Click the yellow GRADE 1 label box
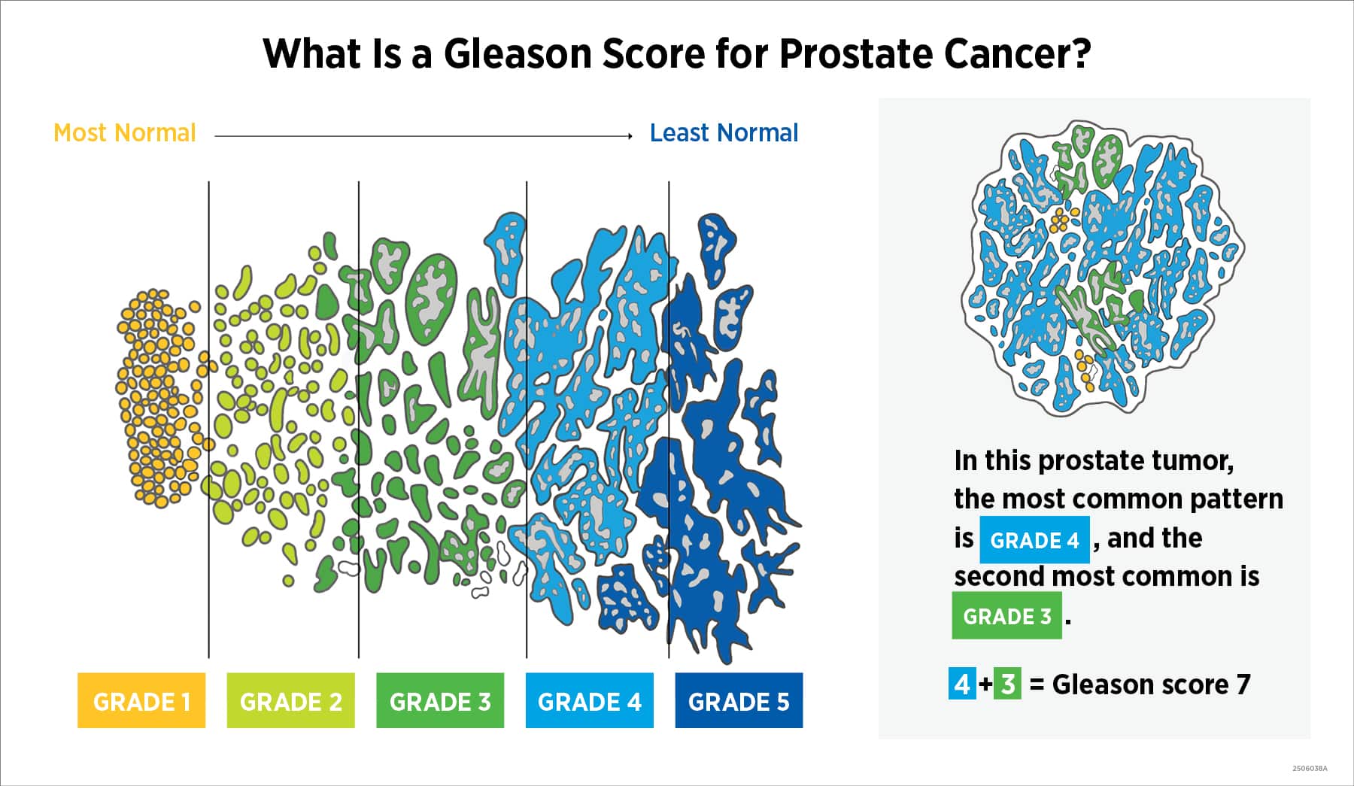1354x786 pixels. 141,701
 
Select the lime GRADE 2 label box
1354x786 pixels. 290,701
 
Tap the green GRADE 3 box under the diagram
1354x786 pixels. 440,701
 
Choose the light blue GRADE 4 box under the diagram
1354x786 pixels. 589,701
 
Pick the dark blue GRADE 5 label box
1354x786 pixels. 739,701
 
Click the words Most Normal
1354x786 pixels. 125,133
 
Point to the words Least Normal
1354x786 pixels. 724,133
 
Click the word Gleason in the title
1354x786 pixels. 518,54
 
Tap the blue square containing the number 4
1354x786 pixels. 962,684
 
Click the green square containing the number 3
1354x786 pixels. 1008,684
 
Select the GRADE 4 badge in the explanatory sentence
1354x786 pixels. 1034,540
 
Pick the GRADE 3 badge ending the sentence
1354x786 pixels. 1006,616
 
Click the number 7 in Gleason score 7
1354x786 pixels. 1243,684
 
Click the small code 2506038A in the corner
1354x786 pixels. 1310,769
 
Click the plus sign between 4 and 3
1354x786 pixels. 985,684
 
